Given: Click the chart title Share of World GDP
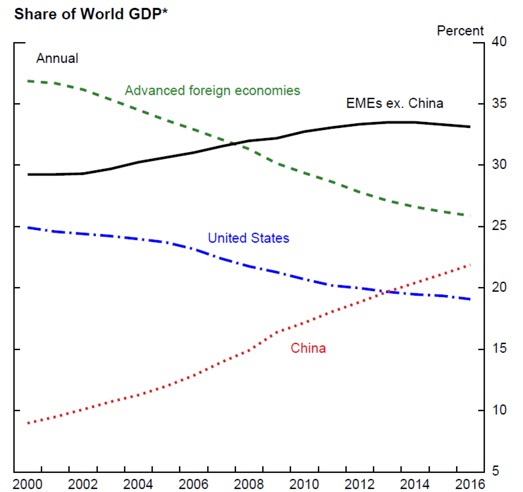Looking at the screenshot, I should click(x=91, y=14).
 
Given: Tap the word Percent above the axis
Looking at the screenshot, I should click(x=460, y=31).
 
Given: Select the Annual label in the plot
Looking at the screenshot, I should click(x=57, y=58).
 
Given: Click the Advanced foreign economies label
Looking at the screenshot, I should click(x=212, y=91).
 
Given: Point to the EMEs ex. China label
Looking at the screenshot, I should click(x=394, y=103).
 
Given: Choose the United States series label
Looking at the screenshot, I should click(x=248, y=238).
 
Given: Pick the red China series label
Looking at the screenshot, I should click(x=308, y=348).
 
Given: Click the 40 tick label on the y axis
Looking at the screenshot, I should click(x=499, y=42).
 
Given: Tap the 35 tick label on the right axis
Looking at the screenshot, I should click(x=499, y=103).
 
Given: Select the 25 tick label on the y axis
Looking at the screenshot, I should click(x=499, y=226).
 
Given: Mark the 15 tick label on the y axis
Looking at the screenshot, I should click(x=499, y=348).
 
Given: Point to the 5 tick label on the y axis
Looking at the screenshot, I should click(x=495, y=471).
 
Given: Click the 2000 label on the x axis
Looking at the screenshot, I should click(x=28, y=484).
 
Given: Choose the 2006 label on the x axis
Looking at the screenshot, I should click(x=193, y=484).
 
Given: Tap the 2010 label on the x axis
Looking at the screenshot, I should click(x=304, y=484).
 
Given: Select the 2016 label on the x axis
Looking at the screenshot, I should click(x=470, y=484).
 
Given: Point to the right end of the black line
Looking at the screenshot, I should click(x=470, y=127).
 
